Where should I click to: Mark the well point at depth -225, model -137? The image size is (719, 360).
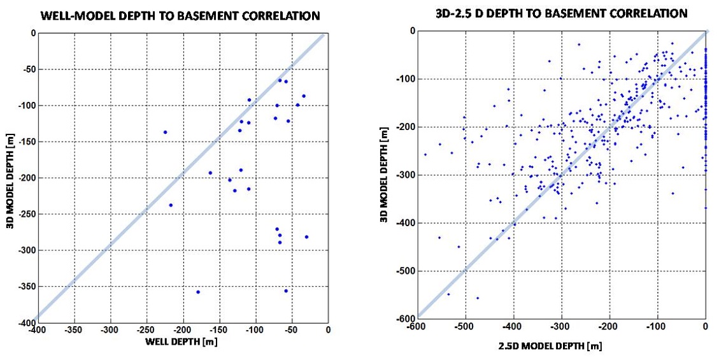coord(165,132)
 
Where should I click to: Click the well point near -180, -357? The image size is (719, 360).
coord(198,292)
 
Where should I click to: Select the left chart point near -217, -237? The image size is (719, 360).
coord(171,205)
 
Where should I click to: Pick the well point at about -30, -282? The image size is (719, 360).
coord(306,237)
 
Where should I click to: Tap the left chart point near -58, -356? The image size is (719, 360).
coord(286,291)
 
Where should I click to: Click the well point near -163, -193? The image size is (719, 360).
coord(210,173)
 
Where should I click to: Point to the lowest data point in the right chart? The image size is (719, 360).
coord(478,298)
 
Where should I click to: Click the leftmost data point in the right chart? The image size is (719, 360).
coord(425,154)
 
